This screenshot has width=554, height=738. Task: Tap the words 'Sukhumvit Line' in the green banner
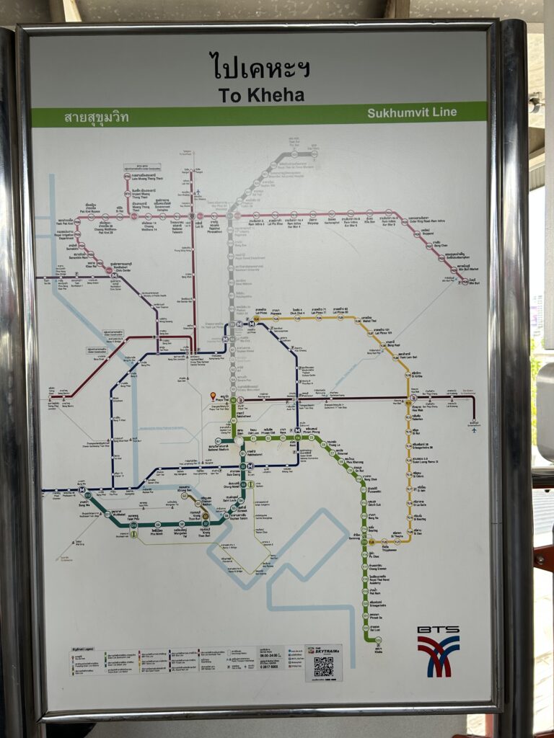(411, 112)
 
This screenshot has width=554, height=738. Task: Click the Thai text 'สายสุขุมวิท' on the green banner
(97, 117)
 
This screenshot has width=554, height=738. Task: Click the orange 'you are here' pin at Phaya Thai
(212, 396)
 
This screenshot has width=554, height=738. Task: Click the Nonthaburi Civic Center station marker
(110, 272)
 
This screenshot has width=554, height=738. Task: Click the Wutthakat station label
(108, 516)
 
